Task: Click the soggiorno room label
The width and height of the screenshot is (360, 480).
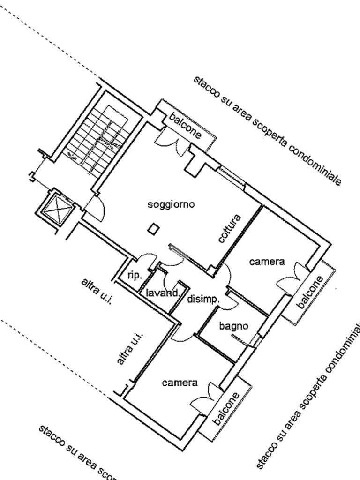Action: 171,204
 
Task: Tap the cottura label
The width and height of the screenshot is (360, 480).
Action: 230,228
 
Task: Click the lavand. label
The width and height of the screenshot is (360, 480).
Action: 162,293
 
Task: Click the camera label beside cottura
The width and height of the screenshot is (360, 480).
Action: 267,262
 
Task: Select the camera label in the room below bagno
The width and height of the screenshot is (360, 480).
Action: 180,383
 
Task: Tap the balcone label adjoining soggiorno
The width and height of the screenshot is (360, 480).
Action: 186,126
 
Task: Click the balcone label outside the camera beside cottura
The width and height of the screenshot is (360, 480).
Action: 310,292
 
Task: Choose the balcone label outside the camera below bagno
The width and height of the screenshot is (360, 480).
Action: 226,408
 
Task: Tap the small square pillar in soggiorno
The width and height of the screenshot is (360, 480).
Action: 153,230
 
